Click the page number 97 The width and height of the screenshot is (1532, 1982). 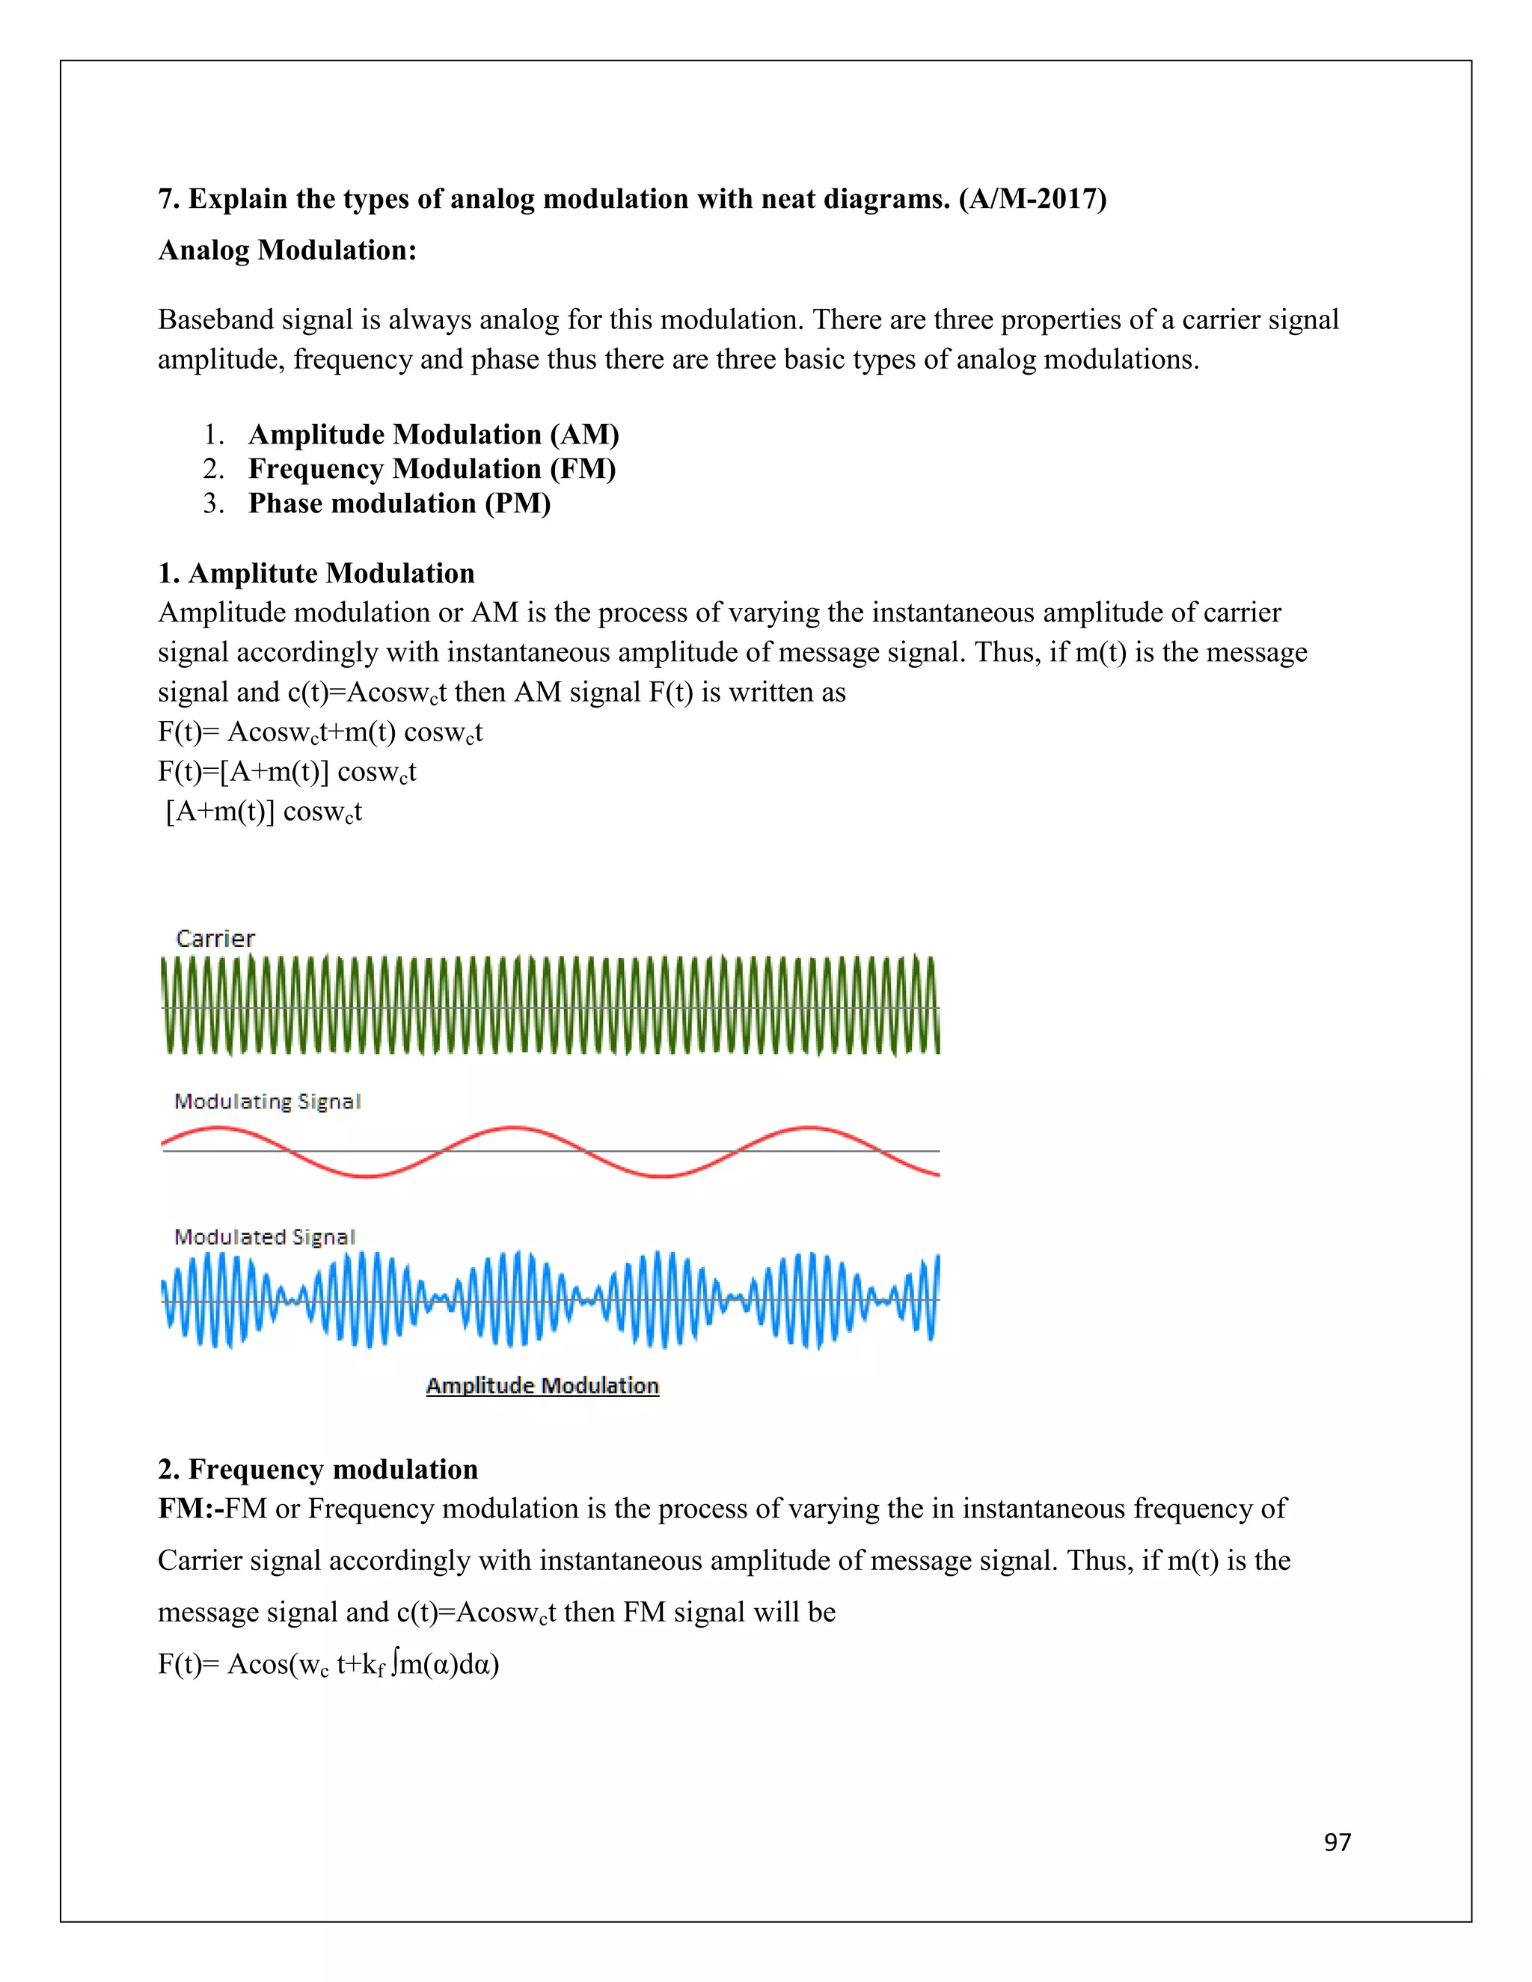pos(1337,1841)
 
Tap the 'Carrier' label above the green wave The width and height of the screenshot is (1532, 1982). pos(215,939)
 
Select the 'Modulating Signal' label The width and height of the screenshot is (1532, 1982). pos(268,1102)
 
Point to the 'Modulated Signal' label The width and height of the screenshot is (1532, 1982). pos(264,1237)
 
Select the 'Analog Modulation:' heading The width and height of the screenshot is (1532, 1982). pos(287,250)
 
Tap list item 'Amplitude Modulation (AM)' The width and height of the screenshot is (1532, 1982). pos(434,435)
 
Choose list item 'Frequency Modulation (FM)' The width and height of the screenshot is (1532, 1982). pos(432,469)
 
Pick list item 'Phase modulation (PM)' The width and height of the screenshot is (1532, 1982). pos(399,503)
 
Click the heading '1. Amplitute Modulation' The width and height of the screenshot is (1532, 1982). pos(316,574)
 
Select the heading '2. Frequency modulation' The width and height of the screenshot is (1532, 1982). pos(318,1469)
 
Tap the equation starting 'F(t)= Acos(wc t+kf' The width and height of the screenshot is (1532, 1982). pos(328,1664)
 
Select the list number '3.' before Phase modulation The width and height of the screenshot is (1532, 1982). pos(214,503)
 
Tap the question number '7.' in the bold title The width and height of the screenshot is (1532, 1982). pos(169,199)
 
